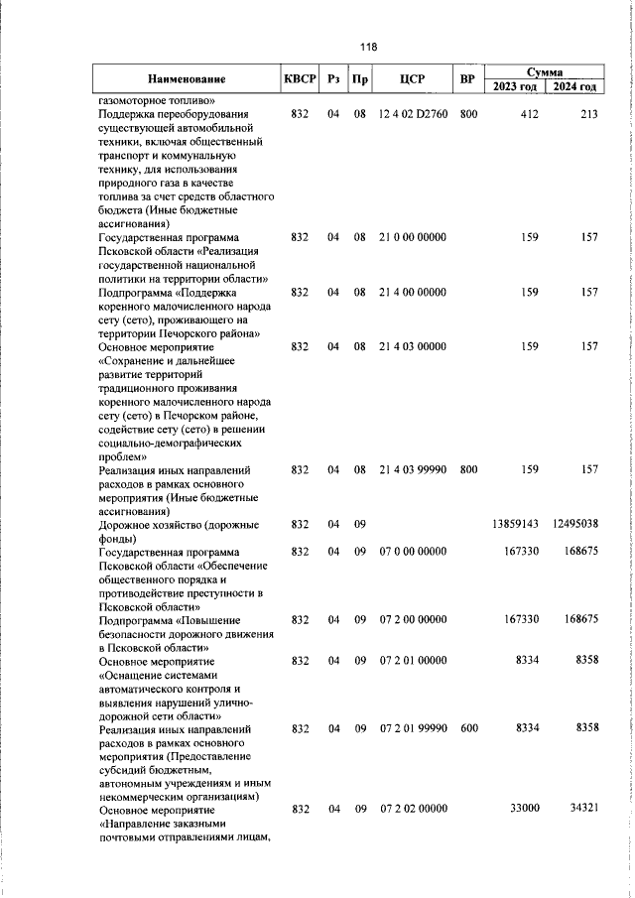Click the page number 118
pos(369,47)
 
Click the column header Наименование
pos(187,79)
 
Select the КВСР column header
pos(299,79)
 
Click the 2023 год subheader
pos(515,87)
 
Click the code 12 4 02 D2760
pos(412,114)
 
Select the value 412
pos(528,114)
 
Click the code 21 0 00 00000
pos(412,237)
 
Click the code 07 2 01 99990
pos(412,728)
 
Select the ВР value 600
pos(468,728)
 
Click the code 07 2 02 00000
pos(412,809)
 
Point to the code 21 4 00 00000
pos(412,293)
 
